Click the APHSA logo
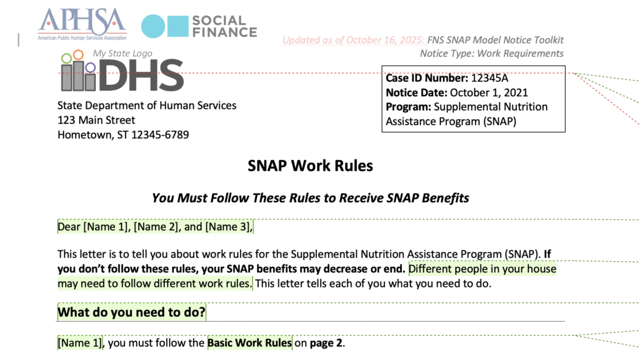[82, 22]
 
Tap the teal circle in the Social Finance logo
[153, 26]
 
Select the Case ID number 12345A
[489, 79]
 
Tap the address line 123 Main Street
[96, 120]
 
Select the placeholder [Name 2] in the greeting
[156, 227]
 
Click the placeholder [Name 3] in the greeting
[227, 227]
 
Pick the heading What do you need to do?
[131, 312]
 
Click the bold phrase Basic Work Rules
[249, 342]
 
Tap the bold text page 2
[327, 342]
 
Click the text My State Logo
[122, 53]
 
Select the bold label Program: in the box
[408, 107]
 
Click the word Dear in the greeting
[69, 227]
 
